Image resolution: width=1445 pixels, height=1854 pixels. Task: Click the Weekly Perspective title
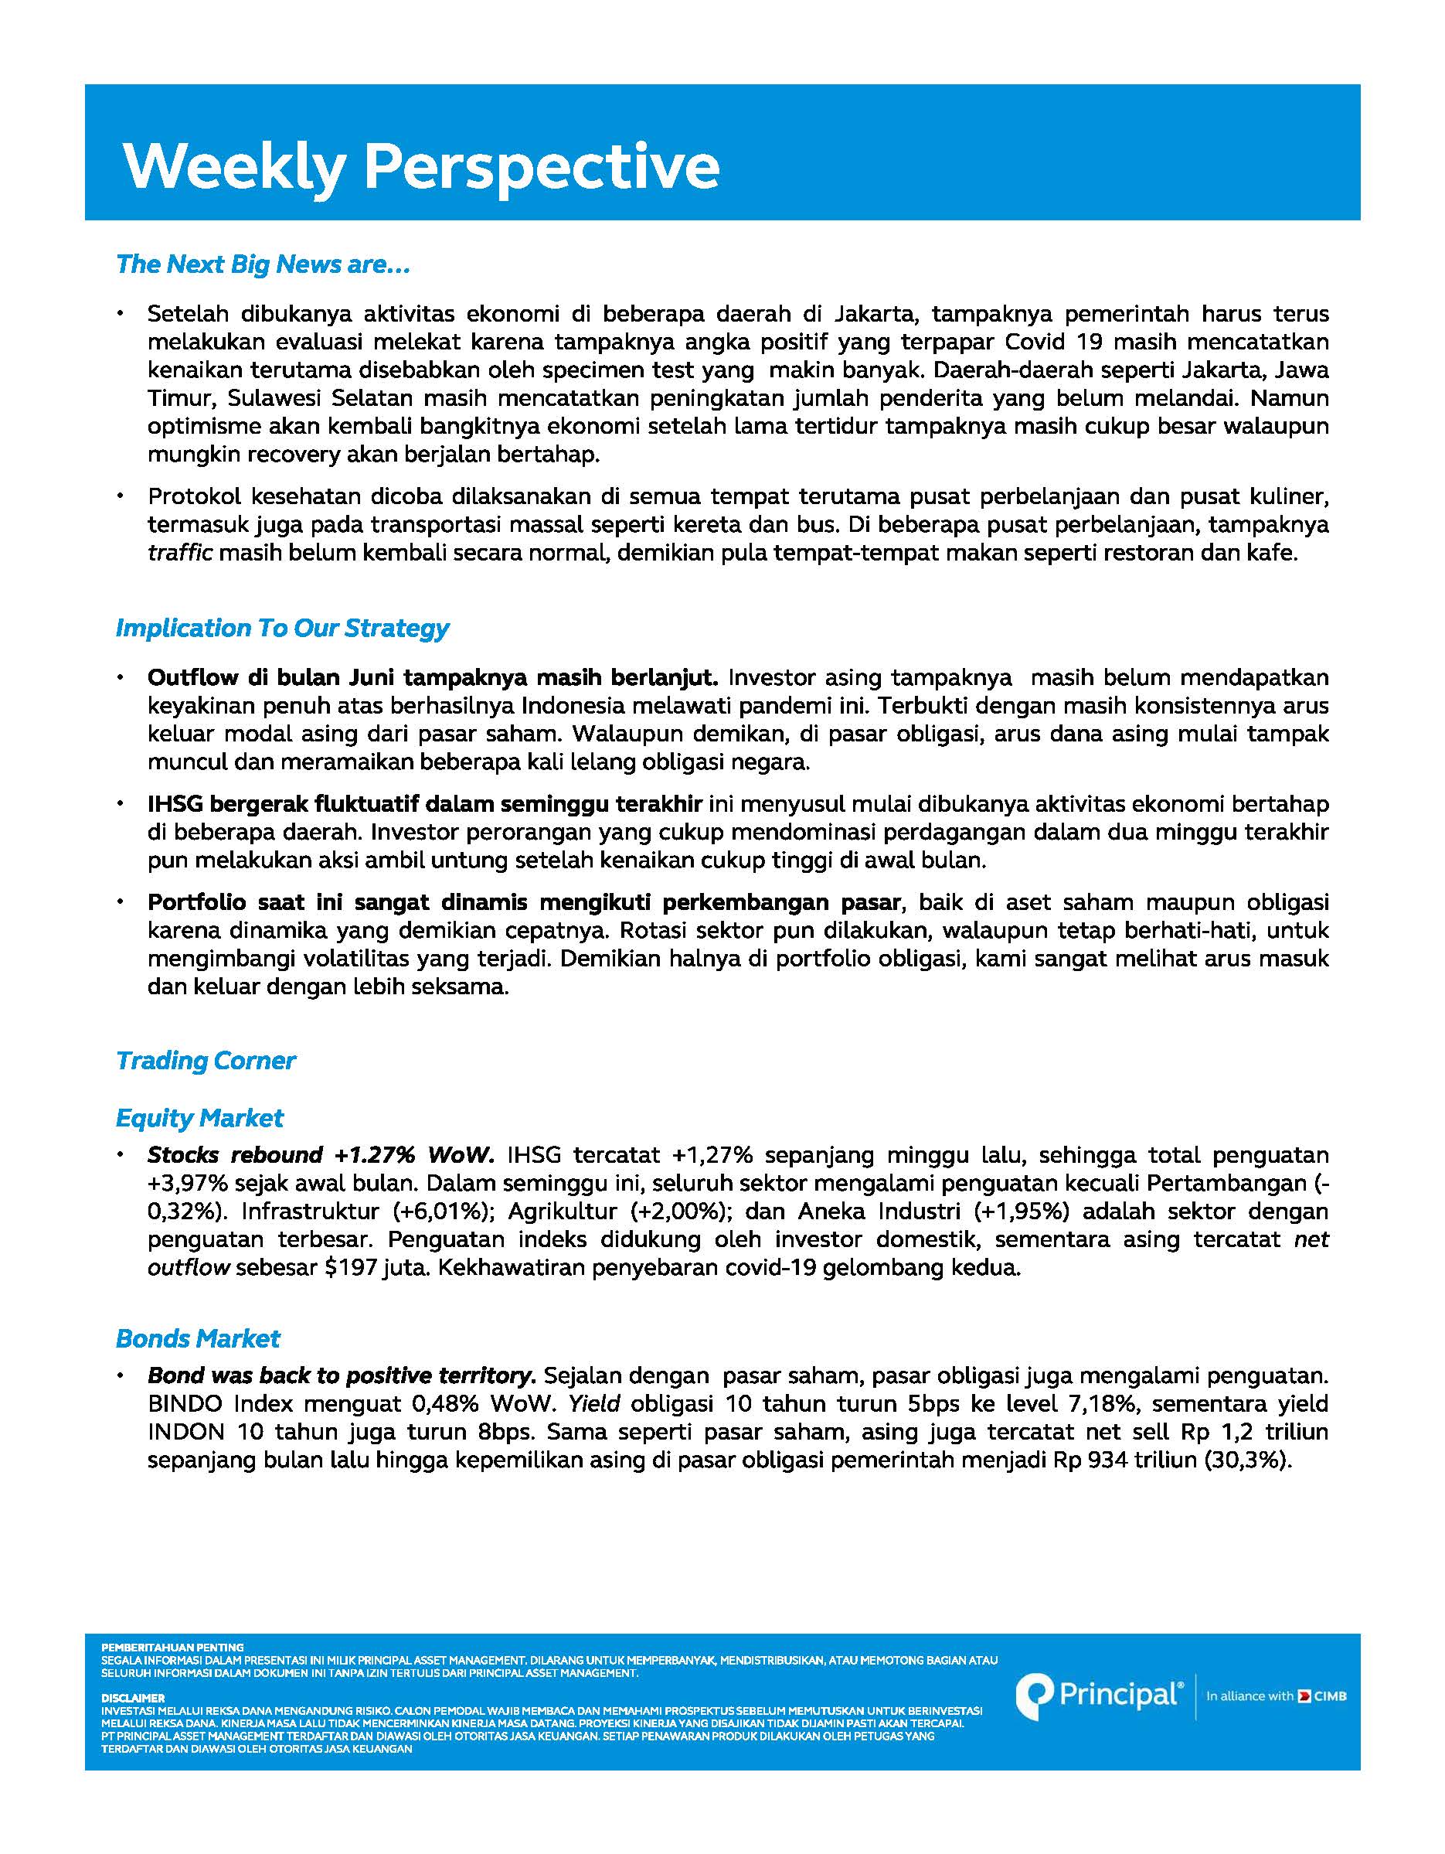[421, 165]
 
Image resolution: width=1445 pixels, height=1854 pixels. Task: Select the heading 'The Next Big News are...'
[263, 265]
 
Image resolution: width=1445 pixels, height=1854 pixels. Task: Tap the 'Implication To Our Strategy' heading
[282, 629]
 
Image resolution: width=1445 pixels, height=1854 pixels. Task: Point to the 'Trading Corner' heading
[206, 1061]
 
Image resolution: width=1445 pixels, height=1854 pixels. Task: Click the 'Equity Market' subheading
[199, 1118]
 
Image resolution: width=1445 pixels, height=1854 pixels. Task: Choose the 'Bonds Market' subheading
[198, 1339]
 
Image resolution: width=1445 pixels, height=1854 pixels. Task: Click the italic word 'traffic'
[179, 554]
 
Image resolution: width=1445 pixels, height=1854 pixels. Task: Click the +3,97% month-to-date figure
[188, 1184]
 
